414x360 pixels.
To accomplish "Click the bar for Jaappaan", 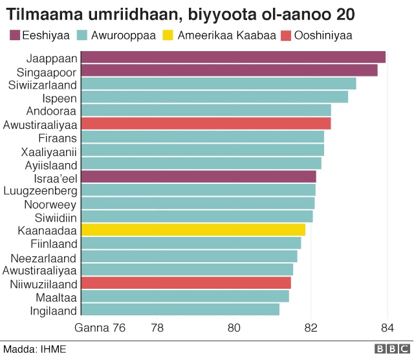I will point(233,58).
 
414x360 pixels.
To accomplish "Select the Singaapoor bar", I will point(229,71).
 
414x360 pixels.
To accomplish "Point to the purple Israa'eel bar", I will point(198,177).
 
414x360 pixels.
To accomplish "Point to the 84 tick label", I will point(387,328).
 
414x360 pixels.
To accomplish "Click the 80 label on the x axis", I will point(234,328).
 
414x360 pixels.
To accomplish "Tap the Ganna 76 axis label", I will point(100,328).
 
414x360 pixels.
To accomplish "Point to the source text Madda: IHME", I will point(34,349).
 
